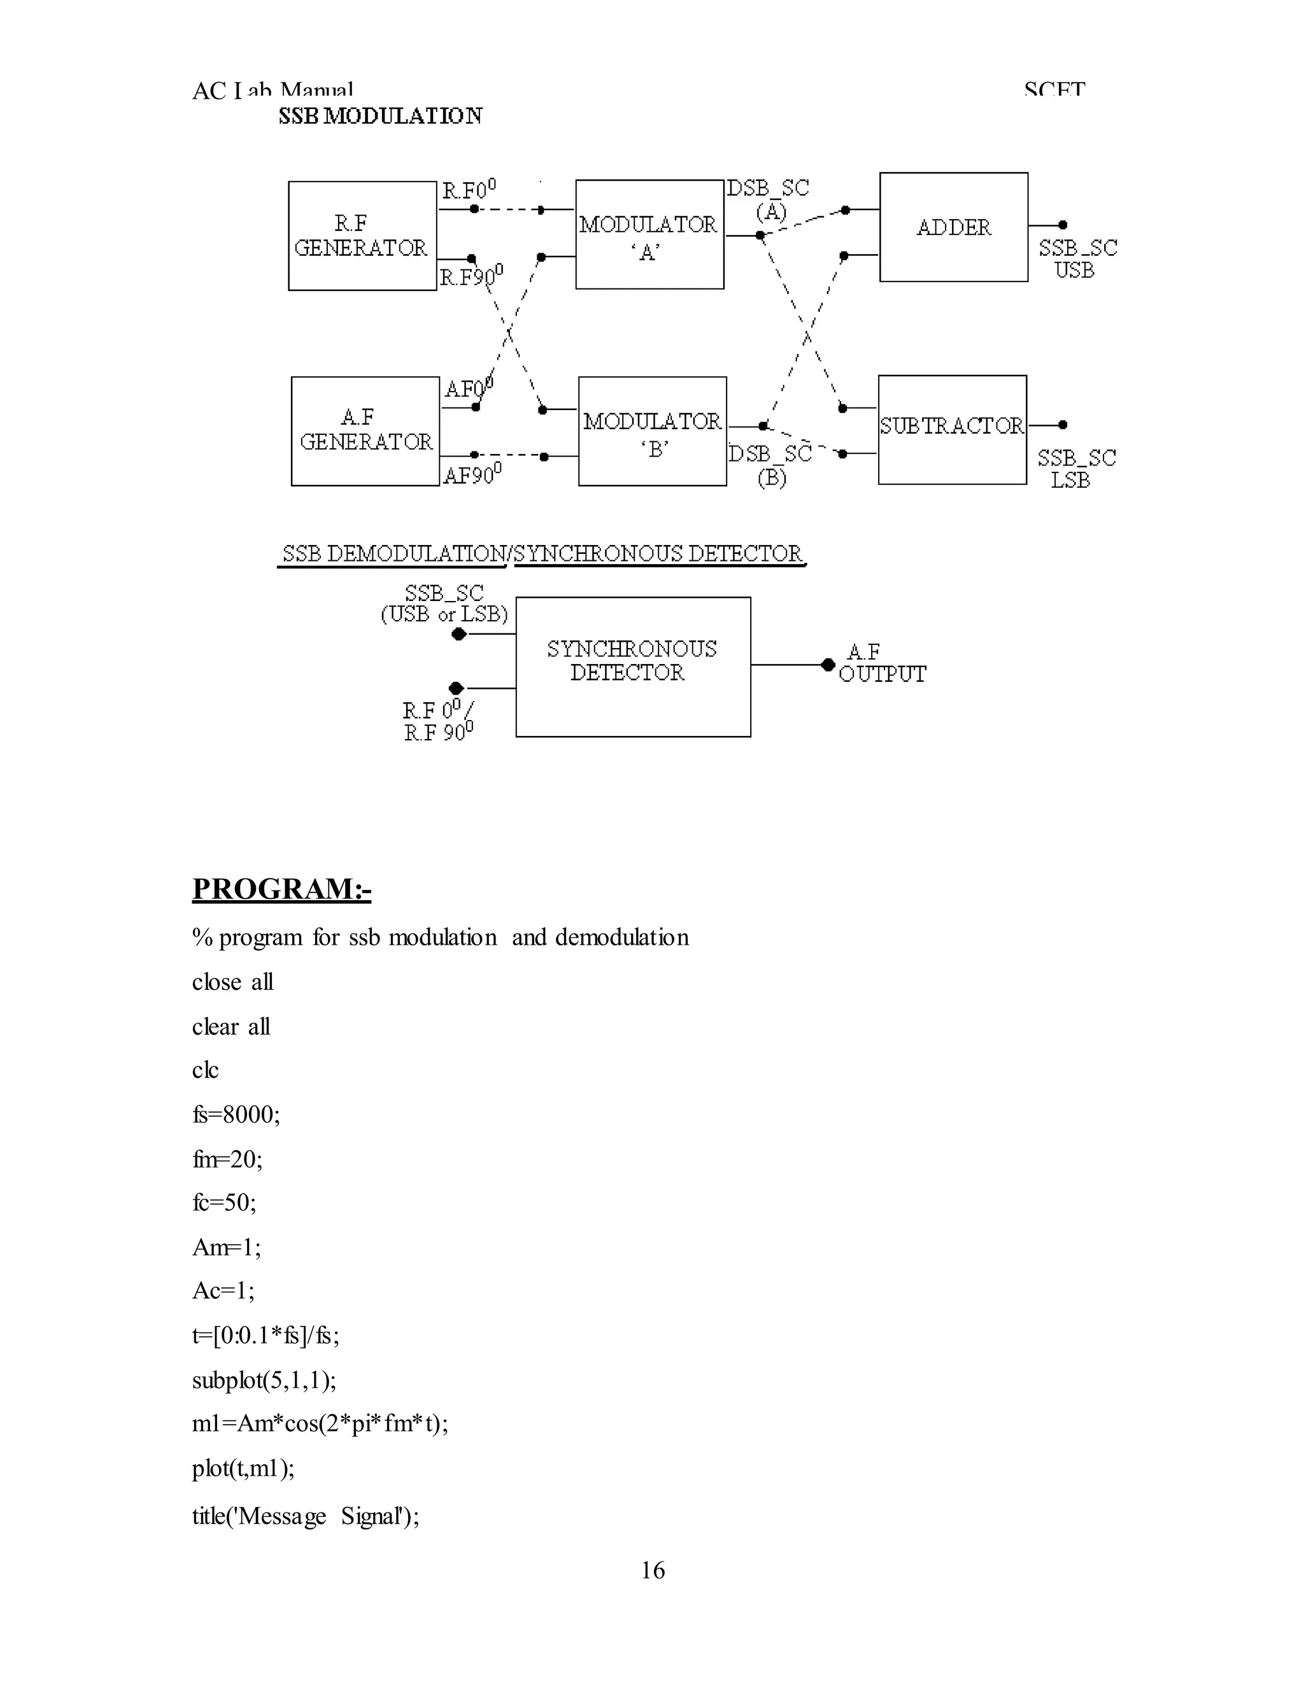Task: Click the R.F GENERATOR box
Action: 362,236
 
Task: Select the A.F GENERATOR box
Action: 365,431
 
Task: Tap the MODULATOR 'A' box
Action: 649,235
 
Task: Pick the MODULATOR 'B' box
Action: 652,431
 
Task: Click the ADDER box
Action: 953,227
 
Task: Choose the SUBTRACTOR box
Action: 952,430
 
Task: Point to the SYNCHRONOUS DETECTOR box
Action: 633,666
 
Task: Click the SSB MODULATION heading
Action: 380,116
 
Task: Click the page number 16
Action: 652,1570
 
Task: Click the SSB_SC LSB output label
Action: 1075,468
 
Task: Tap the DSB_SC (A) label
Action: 769,199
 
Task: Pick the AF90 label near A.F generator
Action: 472,474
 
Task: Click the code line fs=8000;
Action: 236,1114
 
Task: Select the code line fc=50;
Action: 224,1202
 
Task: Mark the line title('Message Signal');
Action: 305,1516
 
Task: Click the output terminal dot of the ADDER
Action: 1062,225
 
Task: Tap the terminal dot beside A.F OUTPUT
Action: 827,664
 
